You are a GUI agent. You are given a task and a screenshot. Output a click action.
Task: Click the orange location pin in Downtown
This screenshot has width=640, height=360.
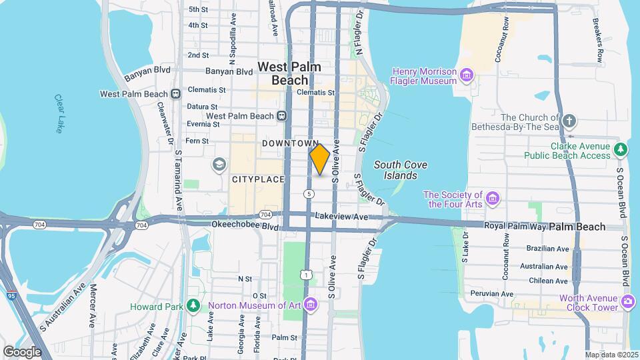pos(320,159)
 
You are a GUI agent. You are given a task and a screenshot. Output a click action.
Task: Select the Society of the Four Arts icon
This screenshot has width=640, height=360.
pos(493,197)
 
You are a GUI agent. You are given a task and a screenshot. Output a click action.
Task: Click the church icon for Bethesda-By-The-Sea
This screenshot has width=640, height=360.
pos(569,121)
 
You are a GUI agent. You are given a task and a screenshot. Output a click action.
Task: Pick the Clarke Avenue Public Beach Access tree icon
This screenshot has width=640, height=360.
pos(621,150)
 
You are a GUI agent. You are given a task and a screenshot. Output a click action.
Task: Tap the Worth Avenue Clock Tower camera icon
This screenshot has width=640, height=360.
pos(627,302)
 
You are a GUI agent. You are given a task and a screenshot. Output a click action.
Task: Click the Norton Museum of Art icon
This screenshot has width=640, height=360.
pos(309,305)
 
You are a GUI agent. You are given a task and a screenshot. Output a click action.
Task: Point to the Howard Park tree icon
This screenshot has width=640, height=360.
pos(193,305)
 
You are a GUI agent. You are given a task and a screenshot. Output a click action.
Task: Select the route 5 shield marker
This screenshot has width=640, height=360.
pos(308,193)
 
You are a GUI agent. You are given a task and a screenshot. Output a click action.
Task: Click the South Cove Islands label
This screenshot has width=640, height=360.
pos(400,170)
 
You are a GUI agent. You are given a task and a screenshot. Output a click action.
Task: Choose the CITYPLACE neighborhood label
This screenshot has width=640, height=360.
pos(258,179)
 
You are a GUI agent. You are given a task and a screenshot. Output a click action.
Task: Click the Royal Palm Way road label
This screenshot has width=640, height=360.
pos(515,226)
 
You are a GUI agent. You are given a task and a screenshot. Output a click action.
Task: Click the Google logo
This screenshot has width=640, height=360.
pos(21,351)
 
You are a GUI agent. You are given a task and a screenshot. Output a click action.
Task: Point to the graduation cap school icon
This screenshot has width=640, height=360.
pos(219,164)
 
